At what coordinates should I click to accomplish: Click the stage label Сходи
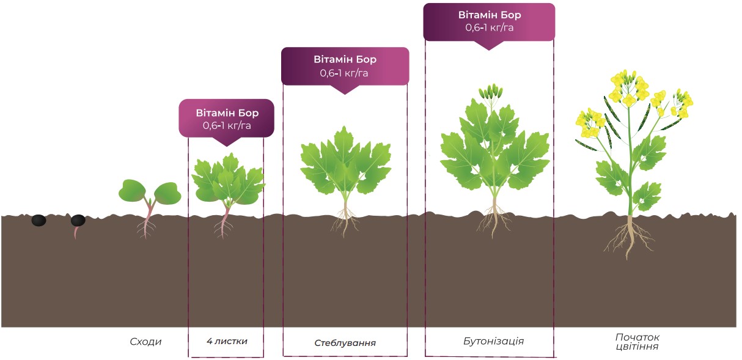pyautogui.click(x=145, y=342)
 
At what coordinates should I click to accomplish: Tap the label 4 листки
pyautogui.click(x=227, y=341)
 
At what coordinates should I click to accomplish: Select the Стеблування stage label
pyautogui.click(x=345, y=343)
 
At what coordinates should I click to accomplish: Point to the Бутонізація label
pyautogui.click(x=494, y=342)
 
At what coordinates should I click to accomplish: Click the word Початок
pyautogui.click(x=637, y=337)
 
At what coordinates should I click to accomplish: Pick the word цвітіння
pyautogui.click(x=637, y=347)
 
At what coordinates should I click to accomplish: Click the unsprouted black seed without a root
pyautogui.click(x=39, y=221)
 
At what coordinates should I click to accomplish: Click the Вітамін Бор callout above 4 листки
pyautogui.click(x=227, y=119)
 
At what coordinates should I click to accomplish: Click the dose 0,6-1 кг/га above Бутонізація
pyautogui.click(x=489, y=28)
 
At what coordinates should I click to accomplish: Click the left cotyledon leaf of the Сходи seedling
pyautogui.click(x=132, y=191)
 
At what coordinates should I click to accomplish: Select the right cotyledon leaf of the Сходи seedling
pyautogui.click(x=167, y=193)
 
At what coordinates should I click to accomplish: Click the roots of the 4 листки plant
pyautogui.click(x=223, y=227)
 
